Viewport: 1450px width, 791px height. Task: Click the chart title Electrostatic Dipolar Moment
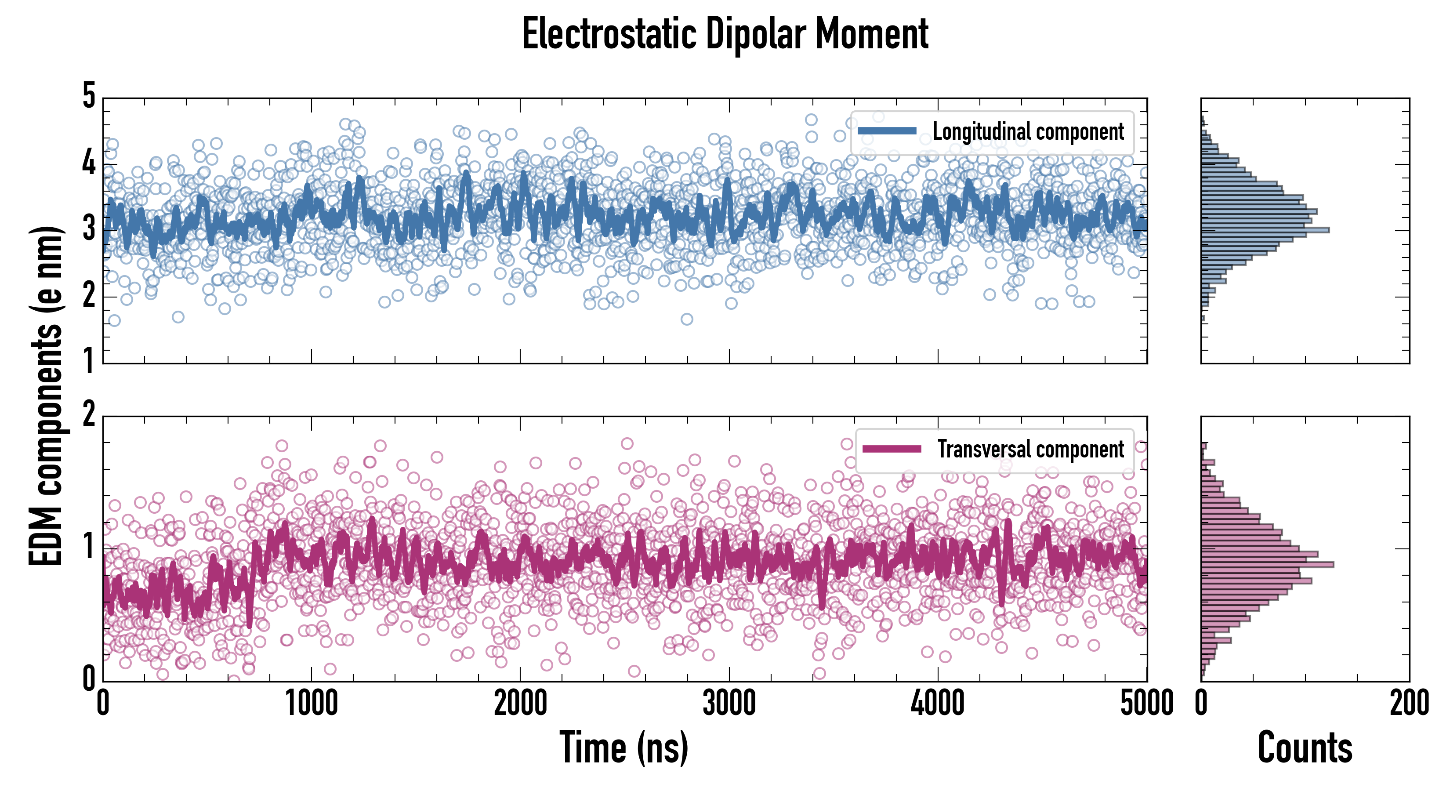point(725,34)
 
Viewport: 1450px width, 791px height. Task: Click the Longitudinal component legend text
point(1028,132)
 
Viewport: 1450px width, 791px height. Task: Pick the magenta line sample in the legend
point(892,449)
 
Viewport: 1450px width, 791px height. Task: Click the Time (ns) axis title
point(623,747)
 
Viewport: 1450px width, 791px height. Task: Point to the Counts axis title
point(1305,747)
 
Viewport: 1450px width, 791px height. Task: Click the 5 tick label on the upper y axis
point(89,96)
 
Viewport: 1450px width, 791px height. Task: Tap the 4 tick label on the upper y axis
point(89,163)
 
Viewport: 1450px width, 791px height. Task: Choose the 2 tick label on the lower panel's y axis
point(89,414)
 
